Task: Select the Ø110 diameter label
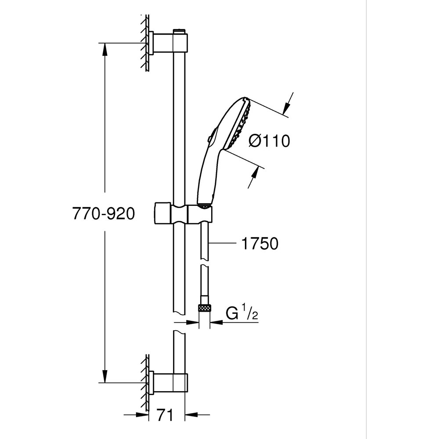point(269,141)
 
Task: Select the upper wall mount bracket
point(169,43)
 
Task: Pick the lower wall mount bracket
point(169,382)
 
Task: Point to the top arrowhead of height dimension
point(104,49)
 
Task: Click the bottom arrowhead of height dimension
point(104,377)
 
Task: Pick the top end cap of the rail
point(179,31)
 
